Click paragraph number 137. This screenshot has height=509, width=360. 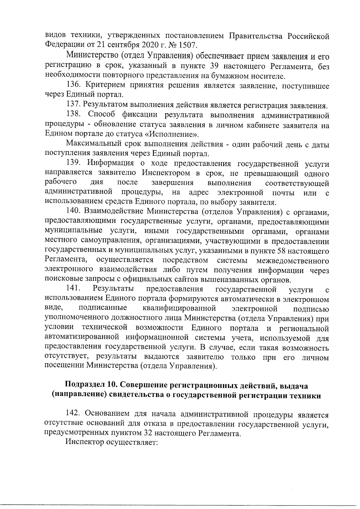pos(73,105)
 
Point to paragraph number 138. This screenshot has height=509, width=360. pos(73,115)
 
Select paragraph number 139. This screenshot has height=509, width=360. pos(73,163)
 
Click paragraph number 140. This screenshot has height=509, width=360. pos(73,212)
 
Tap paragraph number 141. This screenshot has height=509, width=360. pos(73,289)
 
